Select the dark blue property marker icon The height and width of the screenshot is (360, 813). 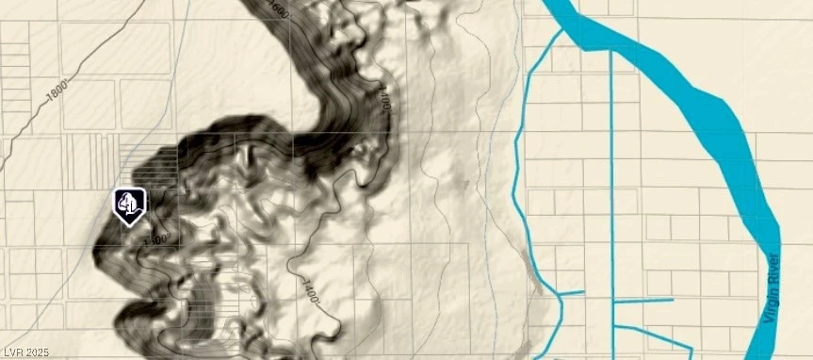129,205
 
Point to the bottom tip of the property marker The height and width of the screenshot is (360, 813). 129,225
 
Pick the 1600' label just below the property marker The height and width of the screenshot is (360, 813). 155,237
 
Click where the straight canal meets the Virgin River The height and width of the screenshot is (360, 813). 612,50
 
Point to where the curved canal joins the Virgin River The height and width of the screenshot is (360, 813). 563,30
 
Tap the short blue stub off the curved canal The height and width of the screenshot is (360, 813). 573,292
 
